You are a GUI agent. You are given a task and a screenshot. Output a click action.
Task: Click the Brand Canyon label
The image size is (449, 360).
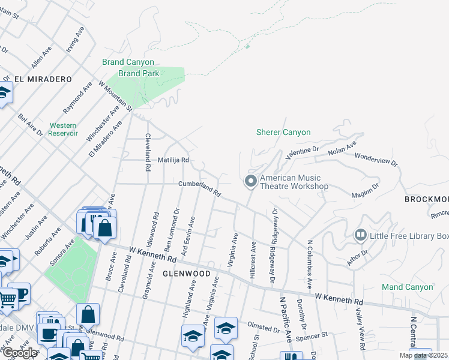point(128,62)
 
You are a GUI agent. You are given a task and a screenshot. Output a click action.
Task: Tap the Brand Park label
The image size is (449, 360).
point(139,73)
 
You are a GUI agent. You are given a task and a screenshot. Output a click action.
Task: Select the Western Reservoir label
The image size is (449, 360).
point(63,129)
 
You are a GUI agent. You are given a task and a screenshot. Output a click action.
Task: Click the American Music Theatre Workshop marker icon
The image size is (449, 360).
point(251,181)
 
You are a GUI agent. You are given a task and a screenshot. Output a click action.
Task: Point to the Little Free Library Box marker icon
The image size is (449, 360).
point(361,235)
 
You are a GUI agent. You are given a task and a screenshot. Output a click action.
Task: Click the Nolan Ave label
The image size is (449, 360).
point(342,148)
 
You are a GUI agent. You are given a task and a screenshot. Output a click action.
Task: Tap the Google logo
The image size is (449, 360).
point(20,353)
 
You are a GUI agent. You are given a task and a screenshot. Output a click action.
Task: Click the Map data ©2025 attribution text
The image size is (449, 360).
point(423,355)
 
